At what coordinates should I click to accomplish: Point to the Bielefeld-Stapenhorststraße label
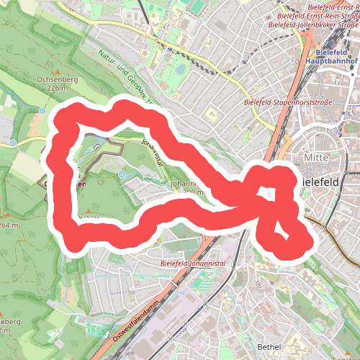[x=288, y=103]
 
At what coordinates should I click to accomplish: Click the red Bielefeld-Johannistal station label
[x=194, y=264]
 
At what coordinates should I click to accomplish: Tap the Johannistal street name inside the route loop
[x=153, y=152]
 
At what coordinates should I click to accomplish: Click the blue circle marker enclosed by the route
[x=122, y=174]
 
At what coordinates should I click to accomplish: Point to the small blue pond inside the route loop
[x=98, y=147]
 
